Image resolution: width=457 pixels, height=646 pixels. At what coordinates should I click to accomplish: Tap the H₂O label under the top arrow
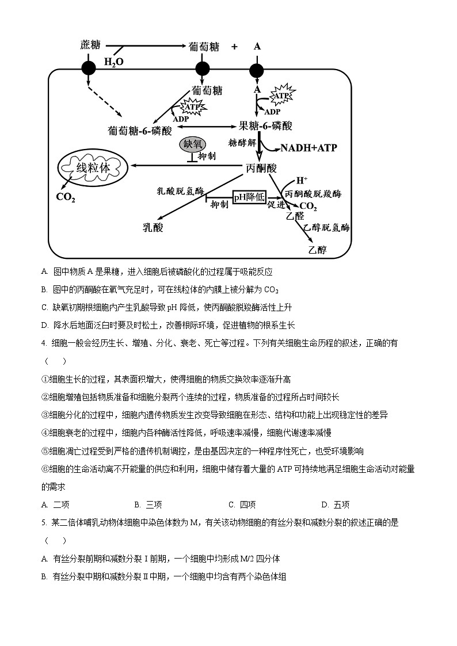tap(113, 61)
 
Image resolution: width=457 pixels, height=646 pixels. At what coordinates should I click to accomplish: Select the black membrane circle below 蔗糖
tap(88, 69)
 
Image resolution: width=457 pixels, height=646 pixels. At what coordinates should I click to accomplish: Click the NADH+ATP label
tap(309, 148)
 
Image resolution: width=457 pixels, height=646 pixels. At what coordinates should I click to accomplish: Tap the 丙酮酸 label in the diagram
tap(261, 168)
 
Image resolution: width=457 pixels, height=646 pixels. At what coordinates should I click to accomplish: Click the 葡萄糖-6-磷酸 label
tap(140, 131)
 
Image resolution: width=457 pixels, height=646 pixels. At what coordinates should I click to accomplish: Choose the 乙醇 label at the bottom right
tap(317, 250)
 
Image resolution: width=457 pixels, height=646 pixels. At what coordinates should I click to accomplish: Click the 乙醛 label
tap(294, 217)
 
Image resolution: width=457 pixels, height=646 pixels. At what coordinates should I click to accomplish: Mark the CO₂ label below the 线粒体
tap(65, 197)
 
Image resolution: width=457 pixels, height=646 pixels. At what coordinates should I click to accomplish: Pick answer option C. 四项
tap(242, 505)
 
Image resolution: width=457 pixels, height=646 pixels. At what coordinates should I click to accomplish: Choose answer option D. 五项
tap(335, 505)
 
